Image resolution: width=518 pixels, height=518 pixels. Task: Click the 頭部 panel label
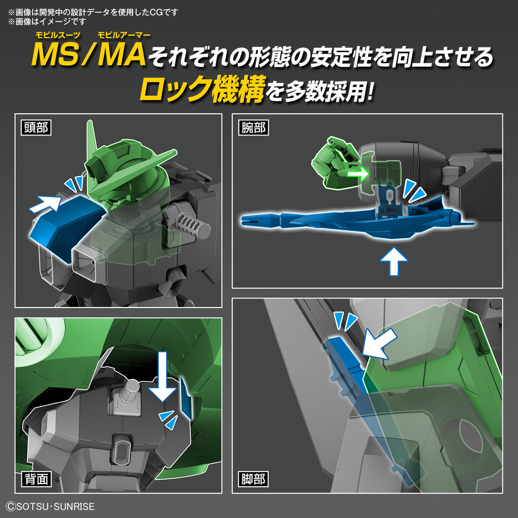pos(36,127)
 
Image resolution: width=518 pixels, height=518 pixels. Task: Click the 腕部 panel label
pos(252,127)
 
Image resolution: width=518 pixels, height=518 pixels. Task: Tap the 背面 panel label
pos(36,479)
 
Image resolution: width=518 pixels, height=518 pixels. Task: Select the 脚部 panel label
pos(252,479)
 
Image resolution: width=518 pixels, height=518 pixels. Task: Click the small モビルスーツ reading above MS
pos(56,35)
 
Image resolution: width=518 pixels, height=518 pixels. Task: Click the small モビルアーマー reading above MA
pos(121,35)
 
